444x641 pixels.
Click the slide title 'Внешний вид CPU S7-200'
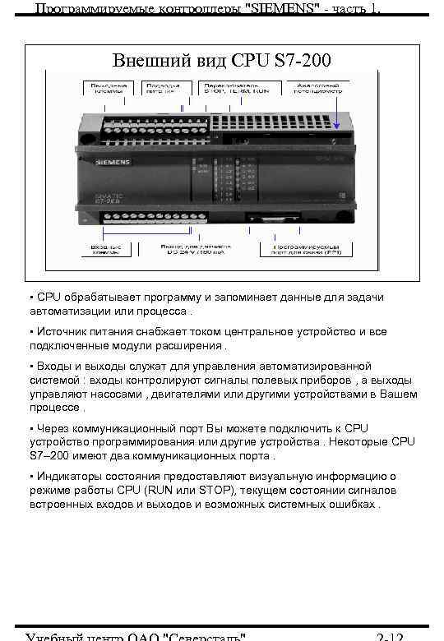222,61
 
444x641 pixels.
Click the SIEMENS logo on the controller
112,162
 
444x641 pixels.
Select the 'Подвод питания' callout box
162,89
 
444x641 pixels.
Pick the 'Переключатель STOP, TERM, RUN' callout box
234,89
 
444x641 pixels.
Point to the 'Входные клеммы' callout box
106,248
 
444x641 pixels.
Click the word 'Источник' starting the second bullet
61,331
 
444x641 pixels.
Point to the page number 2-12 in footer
389,636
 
